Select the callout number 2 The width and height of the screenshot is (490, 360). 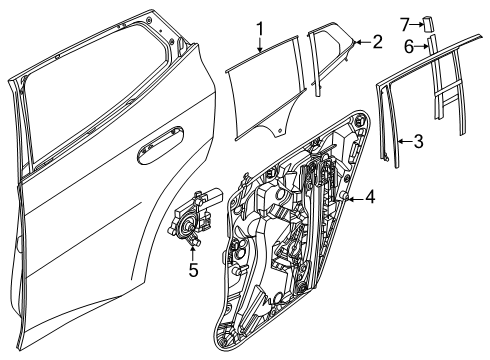[377, 42]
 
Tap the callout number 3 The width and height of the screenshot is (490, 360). [417, 141]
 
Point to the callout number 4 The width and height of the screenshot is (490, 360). [369, 197]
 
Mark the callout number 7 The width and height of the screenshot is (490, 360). [406, 21]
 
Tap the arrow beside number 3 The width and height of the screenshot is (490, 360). [401, 141]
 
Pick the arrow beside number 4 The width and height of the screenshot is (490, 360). [353, 198]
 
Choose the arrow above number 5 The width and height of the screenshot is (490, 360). [193, 251]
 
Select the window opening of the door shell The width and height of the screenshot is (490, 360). [100, 90]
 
